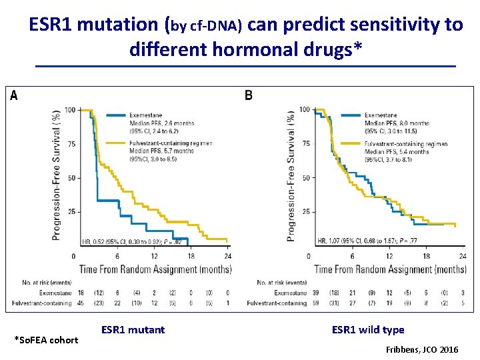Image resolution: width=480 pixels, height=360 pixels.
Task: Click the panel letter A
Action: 14,96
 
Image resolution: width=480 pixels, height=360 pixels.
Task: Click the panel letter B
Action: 249,96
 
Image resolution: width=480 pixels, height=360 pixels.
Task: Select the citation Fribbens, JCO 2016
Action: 422,349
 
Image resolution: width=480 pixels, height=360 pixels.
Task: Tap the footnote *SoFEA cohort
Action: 46,340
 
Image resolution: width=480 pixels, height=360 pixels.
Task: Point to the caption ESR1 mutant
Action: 133,329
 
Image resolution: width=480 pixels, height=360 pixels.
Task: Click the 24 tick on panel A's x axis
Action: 227,256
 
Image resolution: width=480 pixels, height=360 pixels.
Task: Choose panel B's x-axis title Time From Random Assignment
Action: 390,269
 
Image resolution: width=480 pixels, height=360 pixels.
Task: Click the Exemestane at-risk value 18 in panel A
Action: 81,293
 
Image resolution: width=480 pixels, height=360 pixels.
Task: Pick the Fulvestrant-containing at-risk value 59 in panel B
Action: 316,303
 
